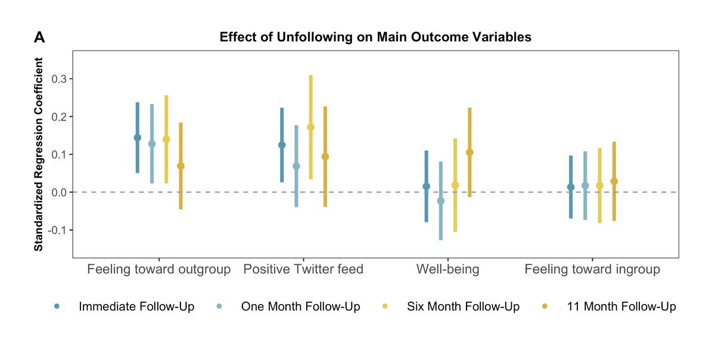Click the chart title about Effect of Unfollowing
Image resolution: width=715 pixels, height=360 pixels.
coord(375,37)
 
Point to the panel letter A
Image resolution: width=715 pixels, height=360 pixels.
coord(40,38)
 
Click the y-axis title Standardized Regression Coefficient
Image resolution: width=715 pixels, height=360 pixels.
coord(39,154)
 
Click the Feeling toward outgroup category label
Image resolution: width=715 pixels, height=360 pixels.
coord(158,269)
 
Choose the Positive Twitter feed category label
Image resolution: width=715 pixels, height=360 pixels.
coord(303,269)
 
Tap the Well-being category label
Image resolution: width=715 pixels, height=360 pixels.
coord(447,269)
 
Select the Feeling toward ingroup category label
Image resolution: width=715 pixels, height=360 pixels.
coord(592,269)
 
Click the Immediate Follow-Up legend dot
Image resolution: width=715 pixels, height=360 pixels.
coord(57,306)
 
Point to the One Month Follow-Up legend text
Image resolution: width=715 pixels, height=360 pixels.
coord(300,307)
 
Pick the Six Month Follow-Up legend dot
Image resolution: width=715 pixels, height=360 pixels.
coord(386,306)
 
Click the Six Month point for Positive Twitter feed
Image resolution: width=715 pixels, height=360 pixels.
coord(310,127)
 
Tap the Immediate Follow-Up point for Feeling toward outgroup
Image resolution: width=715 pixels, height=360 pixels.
coord(137,138)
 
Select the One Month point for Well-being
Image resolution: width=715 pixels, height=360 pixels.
coord(441,201)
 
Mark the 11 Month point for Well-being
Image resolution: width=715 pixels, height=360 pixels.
coord(470,153)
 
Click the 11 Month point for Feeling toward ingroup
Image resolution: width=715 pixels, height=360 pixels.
coord(614,181)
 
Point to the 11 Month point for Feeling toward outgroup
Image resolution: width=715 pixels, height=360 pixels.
coord(181,166)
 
